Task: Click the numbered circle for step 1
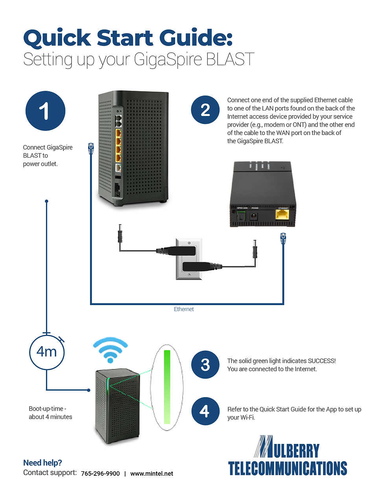point(45,111)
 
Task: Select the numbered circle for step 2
point(205,110)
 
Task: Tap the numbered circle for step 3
point(205,365)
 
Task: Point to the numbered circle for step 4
point(205,411)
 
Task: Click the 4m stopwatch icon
point(47,352)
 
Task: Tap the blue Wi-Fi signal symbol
point(110,350)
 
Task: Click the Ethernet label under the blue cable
point(184,309)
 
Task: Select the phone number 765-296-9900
point(100,473)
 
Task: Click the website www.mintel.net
point(151,473)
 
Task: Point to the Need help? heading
point(42,463)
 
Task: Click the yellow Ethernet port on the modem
point(282,214)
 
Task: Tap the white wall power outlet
point(189,259)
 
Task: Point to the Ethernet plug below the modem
point(283,238)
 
